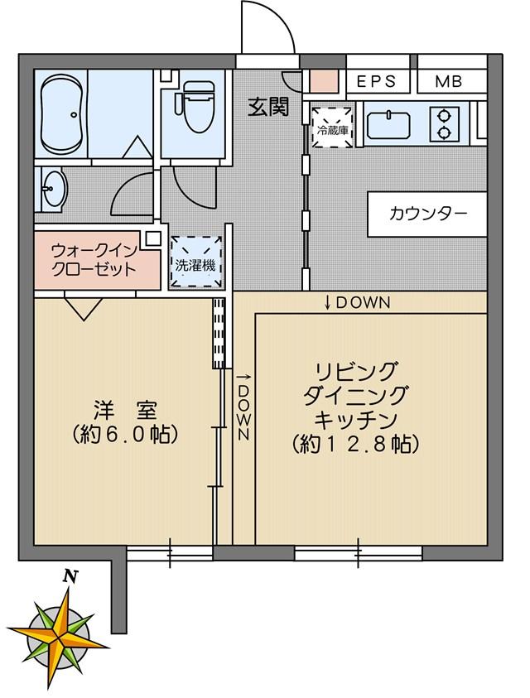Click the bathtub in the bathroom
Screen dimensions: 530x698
coord(61,114)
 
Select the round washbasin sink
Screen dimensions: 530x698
coord(54,189)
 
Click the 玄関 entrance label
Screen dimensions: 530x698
coord(268,107)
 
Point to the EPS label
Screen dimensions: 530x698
coord(377,81)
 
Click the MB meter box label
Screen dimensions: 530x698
coord(449,81)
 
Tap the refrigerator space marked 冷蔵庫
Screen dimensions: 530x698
coord(333,127)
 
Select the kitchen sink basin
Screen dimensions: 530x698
coord(388,125)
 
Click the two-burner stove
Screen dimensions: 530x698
coord(444,124)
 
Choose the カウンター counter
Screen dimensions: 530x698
coord(427,214)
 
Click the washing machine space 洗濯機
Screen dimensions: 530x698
coord(195,262)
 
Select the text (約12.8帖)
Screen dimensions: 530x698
coord(355,443)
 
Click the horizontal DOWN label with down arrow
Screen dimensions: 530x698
coord(357,303)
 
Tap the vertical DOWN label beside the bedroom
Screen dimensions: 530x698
coord(243,407)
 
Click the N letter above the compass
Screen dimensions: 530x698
coord(68,576)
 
